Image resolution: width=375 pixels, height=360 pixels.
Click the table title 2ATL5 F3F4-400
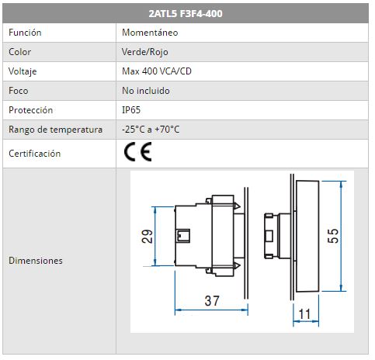(x=186, y=13)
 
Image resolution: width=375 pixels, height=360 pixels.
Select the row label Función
(x=25, y=33)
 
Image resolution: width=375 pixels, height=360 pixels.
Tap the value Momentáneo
(x=150, y=33)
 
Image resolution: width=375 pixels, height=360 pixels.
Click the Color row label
(x=19, y=52)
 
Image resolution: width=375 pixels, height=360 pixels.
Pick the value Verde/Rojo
(x=145, y=52)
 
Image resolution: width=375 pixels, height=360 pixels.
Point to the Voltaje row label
(x=23, y=71)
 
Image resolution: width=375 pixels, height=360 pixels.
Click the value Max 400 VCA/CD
(x=157, y=71)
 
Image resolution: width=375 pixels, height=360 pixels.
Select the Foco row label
(x=19, y=91)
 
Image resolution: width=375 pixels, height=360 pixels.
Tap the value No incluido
(x=146, y=91)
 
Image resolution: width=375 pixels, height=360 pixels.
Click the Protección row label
(x=30, y=110)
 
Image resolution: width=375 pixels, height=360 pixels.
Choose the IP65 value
(x=131, y=110)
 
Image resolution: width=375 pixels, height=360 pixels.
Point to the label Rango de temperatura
(x=55, y=130)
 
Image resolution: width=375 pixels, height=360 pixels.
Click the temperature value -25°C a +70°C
(x=151, y=130)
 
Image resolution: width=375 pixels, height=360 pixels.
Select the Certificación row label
(x=35, y=154)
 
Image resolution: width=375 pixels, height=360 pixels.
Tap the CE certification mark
(x=137, y=152)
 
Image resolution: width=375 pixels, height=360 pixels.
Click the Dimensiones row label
(x=36, y=261)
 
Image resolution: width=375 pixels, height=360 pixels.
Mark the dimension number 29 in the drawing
(x=147, y=237)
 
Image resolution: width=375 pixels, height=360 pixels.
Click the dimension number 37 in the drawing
(x=212, y=301)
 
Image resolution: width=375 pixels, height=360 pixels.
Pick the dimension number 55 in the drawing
(x=333, y=236)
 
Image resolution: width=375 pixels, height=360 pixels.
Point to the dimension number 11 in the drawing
(x=304, y=314)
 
